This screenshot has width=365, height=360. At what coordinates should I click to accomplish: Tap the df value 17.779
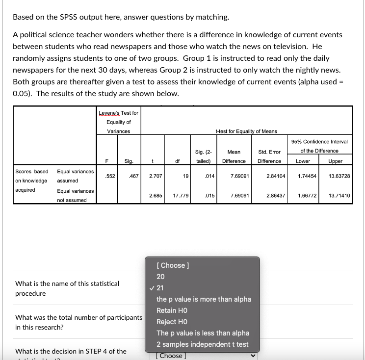[179, 196]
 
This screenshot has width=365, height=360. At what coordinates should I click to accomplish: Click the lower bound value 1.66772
[308, 196]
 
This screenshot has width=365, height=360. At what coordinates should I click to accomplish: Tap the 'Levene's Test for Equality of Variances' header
[118, 122]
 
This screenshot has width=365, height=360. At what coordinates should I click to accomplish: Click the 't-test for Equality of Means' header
[246, 131]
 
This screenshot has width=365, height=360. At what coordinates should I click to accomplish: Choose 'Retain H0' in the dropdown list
[172, 310]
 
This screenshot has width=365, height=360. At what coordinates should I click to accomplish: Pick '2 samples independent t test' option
[202, 344]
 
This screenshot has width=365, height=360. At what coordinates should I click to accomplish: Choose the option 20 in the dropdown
[161, 276]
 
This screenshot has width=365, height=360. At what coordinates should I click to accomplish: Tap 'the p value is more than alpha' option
[203, 299]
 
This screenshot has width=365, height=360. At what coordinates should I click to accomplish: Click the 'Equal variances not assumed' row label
[75, 195]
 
